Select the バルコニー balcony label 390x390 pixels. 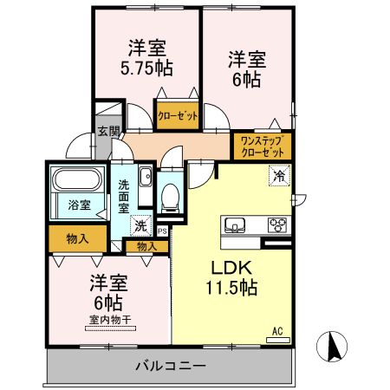click(170, 366)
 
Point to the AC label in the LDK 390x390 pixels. click(277, 331)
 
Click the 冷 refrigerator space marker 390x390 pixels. click(278, 174)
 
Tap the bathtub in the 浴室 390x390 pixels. click(78, 183)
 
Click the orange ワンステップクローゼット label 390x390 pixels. click(261, 146)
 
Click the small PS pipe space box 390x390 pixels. click(162, 231)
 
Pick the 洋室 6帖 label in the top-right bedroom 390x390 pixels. click(245, 68)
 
